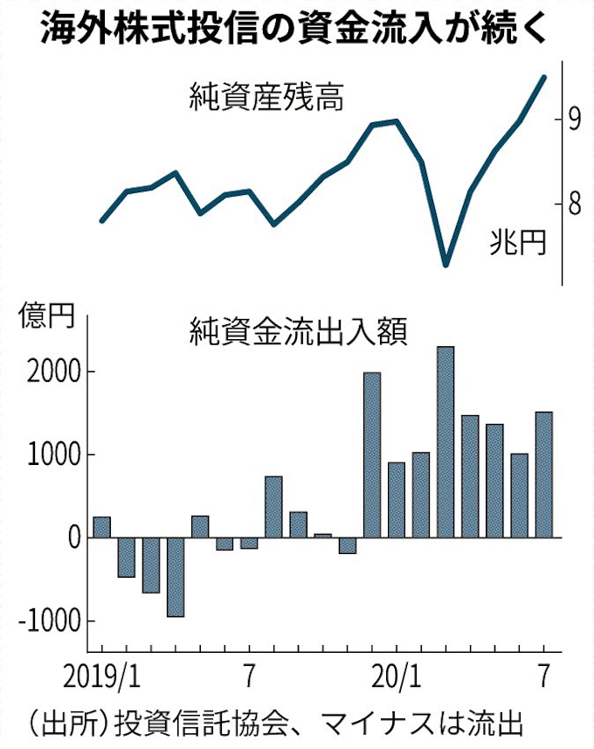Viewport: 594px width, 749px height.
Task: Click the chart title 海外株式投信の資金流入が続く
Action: (296, 28)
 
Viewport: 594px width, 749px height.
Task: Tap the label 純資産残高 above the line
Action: (266, 97)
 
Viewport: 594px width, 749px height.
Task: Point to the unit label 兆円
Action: (517, 242)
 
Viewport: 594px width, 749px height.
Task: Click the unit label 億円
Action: (42, 316)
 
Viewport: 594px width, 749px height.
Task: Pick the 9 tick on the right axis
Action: (574, 118)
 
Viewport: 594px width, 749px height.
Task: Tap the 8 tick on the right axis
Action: (574, 204)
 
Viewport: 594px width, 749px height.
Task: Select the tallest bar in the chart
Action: (445, 442)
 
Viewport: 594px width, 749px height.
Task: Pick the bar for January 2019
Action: (101, 528)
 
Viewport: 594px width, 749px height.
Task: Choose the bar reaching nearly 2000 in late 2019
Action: (372, 455)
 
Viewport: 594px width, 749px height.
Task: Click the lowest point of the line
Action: (445, 264)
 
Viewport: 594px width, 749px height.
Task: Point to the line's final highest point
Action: (544, 77)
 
